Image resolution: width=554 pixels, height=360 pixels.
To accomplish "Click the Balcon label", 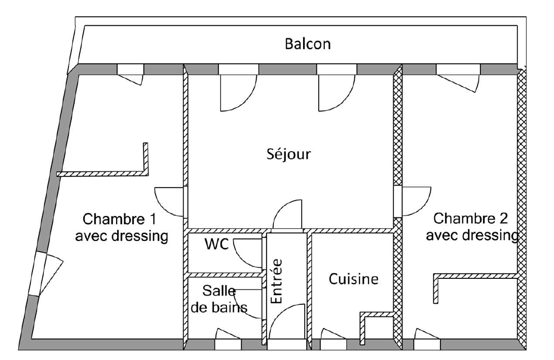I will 308,44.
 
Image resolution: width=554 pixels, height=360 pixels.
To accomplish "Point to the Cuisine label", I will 353,279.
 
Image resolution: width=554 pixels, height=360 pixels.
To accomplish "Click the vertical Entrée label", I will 277,282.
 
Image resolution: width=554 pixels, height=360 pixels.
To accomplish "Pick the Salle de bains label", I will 225,299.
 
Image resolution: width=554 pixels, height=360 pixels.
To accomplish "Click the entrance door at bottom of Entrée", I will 286,325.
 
